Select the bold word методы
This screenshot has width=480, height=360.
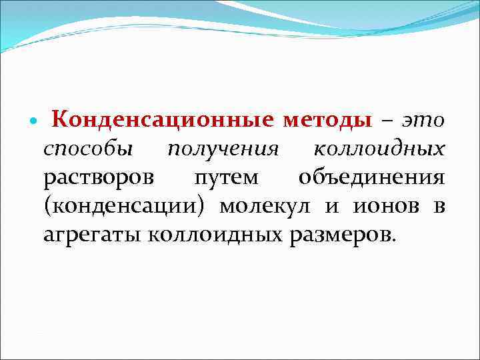[x=327, y=121]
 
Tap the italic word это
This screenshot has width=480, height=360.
[x=423, y=121]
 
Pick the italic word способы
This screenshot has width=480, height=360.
[x=88, y=150]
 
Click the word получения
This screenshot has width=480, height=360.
[x=222, y=150]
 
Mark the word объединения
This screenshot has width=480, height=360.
[x=371, y=178]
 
